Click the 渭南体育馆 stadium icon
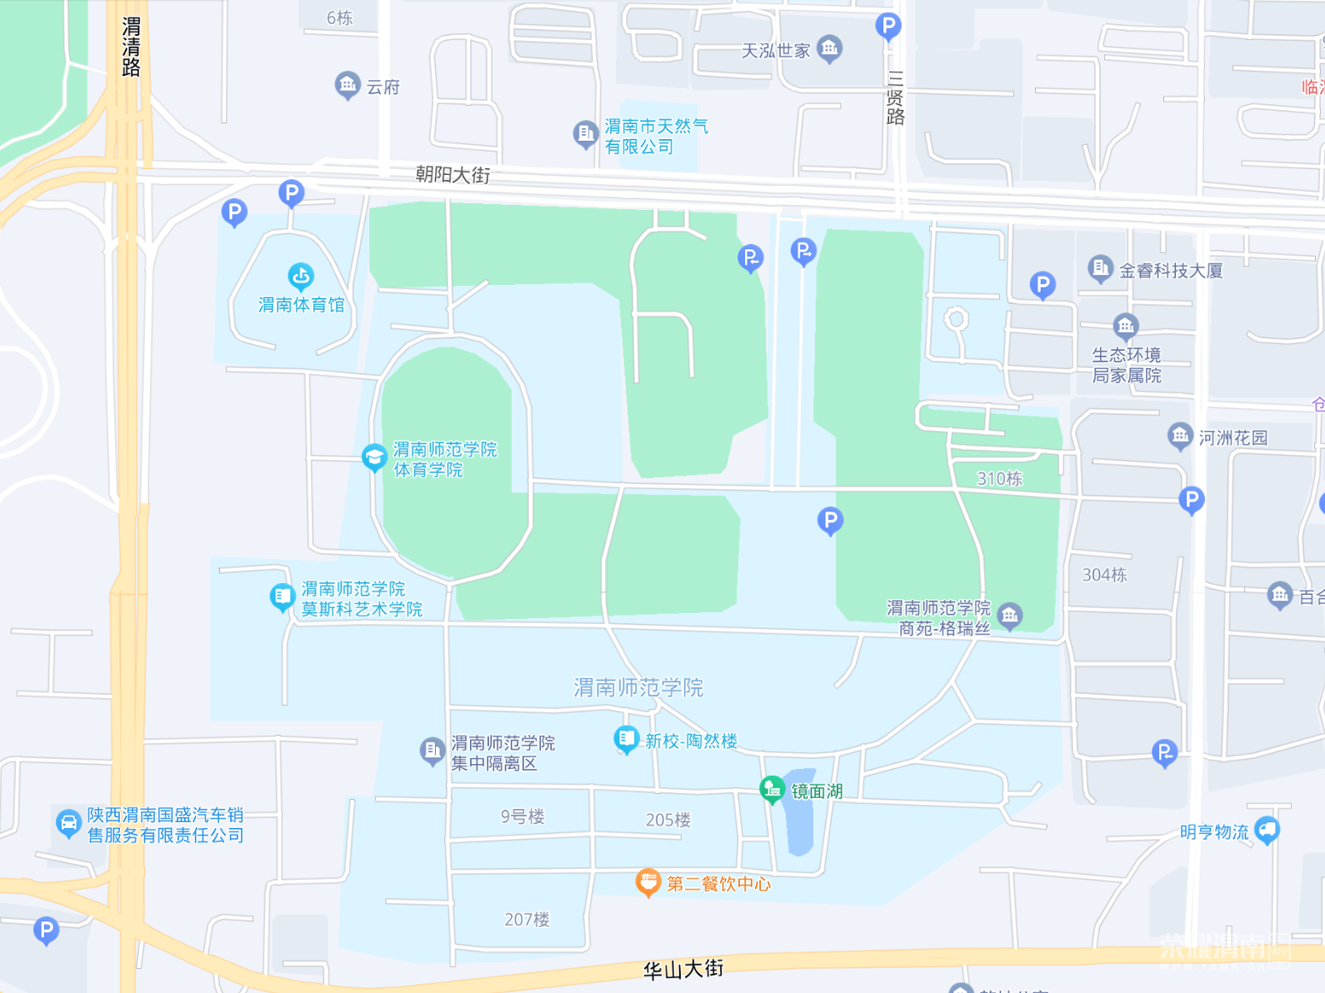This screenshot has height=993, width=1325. [301, 274]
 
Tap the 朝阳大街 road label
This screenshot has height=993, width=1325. [452, 175]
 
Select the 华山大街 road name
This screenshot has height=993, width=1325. [683, 969]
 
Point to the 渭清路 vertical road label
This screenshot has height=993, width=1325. [131, 47]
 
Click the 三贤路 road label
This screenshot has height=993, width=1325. [895, 98]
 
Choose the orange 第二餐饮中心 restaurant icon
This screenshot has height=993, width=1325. [647, 881]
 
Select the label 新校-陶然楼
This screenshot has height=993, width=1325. [691, 741]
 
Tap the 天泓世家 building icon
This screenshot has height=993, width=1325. [829, 47]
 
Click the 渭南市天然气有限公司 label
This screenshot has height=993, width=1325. [655, 137]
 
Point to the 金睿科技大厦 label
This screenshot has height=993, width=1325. [1170, 271]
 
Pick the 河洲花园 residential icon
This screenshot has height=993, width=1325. [1179, 435]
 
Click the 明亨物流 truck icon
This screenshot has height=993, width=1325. [1267, 829]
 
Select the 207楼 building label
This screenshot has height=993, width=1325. [527, 920]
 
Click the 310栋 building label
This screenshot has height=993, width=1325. [999, 479]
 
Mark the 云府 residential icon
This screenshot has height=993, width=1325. [347, 84]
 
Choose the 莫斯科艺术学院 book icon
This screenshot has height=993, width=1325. [282, 596]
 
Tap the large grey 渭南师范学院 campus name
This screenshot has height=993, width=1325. [638, 687]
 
